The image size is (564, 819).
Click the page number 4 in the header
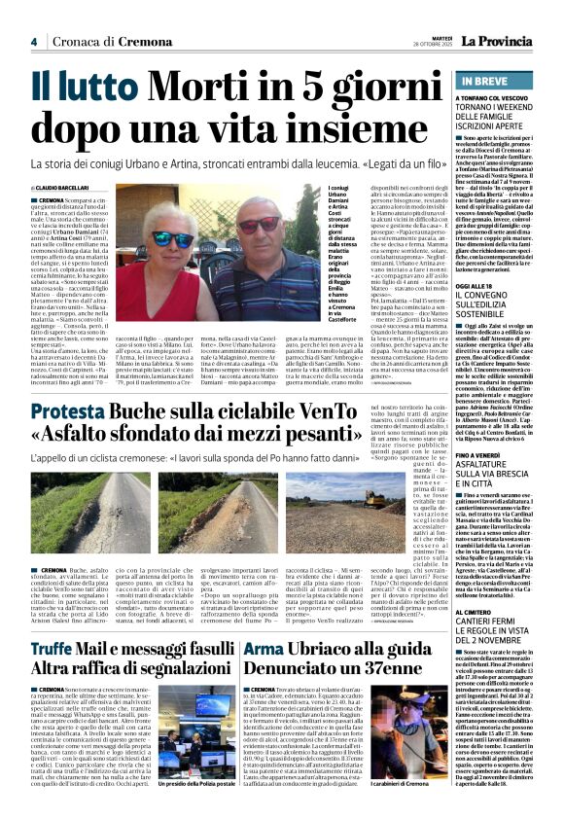34,41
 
